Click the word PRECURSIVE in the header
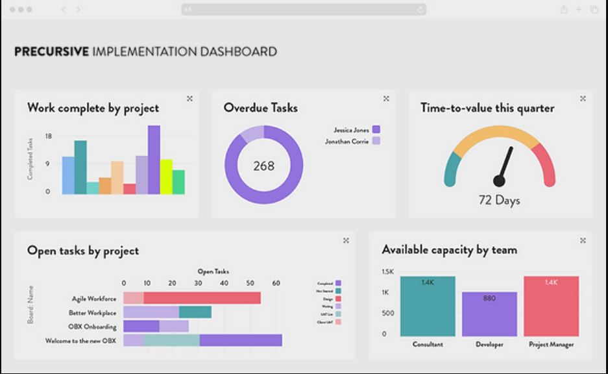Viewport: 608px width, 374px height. click(x=51, y=52)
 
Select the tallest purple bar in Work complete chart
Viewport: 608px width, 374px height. click(x=154, y=160)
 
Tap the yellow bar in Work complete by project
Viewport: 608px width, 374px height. click(x=166, y=177)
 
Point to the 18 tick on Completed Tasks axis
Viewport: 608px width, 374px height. click(x=48, y=136)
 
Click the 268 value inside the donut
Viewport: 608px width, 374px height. click(x=263, y=166)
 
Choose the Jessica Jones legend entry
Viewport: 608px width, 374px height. click(x=351, y=130)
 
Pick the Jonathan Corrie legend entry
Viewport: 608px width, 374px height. click(x=347, y=141)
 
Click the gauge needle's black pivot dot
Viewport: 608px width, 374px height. click(x=499, y=181)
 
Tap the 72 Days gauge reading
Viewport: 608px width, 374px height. click(x=499, y=200)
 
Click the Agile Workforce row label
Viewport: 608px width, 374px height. click(x=94, y=299)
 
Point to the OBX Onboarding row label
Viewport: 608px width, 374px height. click(x=92, y=327)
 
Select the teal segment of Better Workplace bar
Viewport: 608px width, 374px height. click(x=195, y=312)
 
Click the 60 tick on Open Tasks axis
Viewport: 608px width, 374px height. click(x=276, y=283)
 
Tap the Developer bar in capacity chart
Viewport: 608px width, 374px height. click(x=489, y=314)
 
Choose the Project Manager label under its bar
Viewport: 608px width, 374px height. click(x=551, y=344)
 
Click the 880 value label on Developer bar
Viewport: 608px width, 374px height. click(x=489, y=299)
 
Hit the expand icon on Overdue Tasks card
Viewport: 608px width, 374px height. click(x=386, y=99)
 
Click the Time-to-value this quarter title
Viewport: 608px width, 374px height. click(x=487, y=108)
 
